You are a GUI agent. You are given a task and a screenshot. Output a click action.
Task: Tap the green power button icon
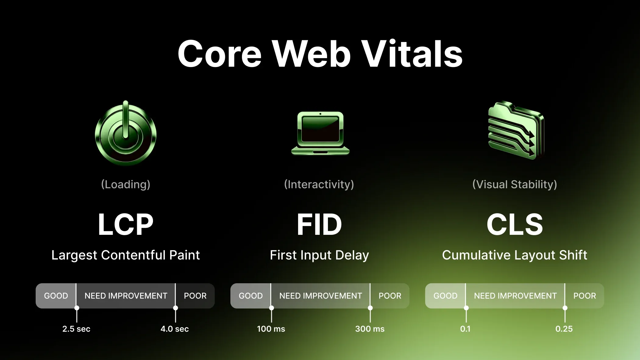click(x=126, y=134)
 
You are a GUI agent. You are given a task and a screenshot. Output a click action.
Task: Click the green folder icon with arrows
click(x=516, y=131)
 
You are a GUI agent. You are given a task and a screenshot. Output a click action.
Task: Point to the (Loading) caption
click(x=126, y=184)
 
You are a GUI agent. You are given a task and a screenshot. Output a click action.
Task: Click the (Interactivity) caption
click(x=319, y=184)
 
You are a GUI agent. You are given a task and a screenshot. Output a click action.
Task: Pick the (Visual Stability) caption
click(x=515, y=184)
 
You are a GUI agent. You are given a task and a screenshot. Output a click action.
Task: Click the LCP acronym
click(x=126, y=224)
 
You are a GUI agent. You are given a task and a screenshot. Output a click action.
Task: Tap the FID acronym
click(x=319, y=224)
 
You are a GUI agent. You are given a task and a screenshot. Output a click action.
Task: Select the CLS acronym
click(x=515, y=224)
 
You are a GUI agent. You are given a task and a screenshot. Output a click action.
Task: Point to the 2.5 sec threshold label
click(x=76, y=329)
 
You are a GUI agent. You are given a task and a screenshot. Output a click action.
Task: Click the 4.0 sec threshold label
click(x=175, y=329)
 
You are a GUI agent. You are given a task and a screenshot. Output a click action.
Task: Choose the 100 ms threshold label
click(x=271, y=329)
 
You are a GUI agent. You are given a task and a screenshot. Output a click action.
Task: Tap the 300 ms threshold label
click(x=370, y=329)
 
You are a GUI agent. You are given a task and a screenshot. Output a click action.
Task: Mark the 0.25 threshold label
click(x=564, y=329)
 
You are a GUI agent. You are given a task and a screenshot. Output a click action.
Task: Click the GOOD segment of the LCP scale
click(x=56, y=296)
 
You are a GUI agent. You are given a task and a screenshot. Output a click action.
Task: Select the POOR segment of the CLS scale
click(x=585, y=296)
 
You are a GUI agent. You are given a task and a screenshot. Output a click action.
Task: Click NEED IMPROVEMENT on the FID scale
click(x=321, y=296)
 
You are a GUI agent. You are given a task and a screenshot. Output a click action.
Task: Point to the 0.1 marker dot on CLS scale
click(x=466, y=308)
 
